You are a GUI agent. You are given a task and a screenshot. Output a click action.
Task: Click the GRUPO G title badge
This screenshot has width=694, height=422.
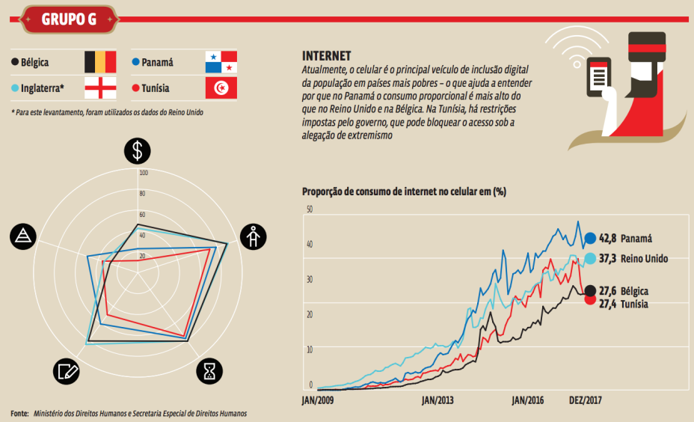tap(68, 19)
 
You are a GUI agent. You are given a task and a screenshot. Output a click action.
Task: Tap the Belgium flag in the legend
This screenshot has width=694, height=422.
tap(99, 62)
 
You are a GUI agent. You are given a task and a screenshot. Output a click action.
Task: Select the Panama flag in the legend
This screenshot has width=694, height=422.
tap(221, 62)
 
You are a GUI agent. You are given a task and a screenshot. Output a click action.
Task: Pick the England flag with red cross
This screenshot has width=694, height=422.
tap(99, 88)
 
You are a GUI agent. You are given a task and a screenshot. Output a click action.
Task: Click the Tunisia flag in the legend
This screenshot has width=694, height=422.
tap(221, 88)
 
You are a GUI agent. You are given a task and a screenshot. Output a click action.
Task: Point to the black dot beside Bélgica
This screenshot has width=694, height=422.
tap(14, 63)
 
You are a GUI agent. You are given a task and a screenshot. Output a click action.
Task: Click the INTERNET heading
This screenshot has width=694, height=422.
tap(327, 56)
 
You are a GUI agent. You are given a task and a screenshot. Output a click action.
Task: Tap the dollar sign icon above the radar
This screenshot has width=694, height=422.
tap(137, 151)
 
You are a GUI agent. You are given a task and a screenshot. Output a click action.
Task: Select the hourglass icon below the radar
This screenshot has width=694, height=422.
tap(210, 370)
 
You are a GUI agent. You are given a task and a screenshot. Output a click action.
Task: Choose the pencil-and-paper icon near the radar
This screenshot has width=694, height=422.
tap(67, 370)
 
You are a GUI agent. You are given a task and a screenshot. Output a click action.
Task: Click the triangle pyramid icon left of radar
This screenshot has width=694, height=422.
tap(23, 236)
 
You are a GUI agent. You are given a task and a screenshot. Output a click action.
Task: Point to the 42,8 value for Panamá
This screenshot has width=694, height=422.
tap(609, 239)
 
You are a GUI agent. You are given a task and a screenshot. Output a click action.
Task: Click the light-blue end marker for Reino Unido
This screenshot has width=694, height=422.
tap(589, 258)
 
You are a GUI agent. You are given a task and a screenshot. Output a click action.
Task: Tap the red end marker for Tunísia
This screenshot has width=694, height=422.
tap(589, 300)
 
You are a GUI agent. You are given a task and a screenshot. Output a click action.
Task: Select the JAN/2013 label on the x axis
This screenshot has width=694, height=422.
tap(437, 400)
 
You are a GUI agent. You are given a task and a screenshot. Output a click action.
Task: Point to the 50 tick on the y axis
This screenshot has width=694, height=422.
tap(309, 209)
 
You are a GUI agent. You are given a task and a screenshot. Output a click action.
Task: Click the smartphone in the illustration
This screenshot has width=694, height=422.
tap(598, 75)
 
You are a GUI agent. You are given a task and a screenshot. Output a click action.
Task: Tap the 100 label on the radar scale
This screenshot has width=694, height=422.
tap(144, 173)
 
